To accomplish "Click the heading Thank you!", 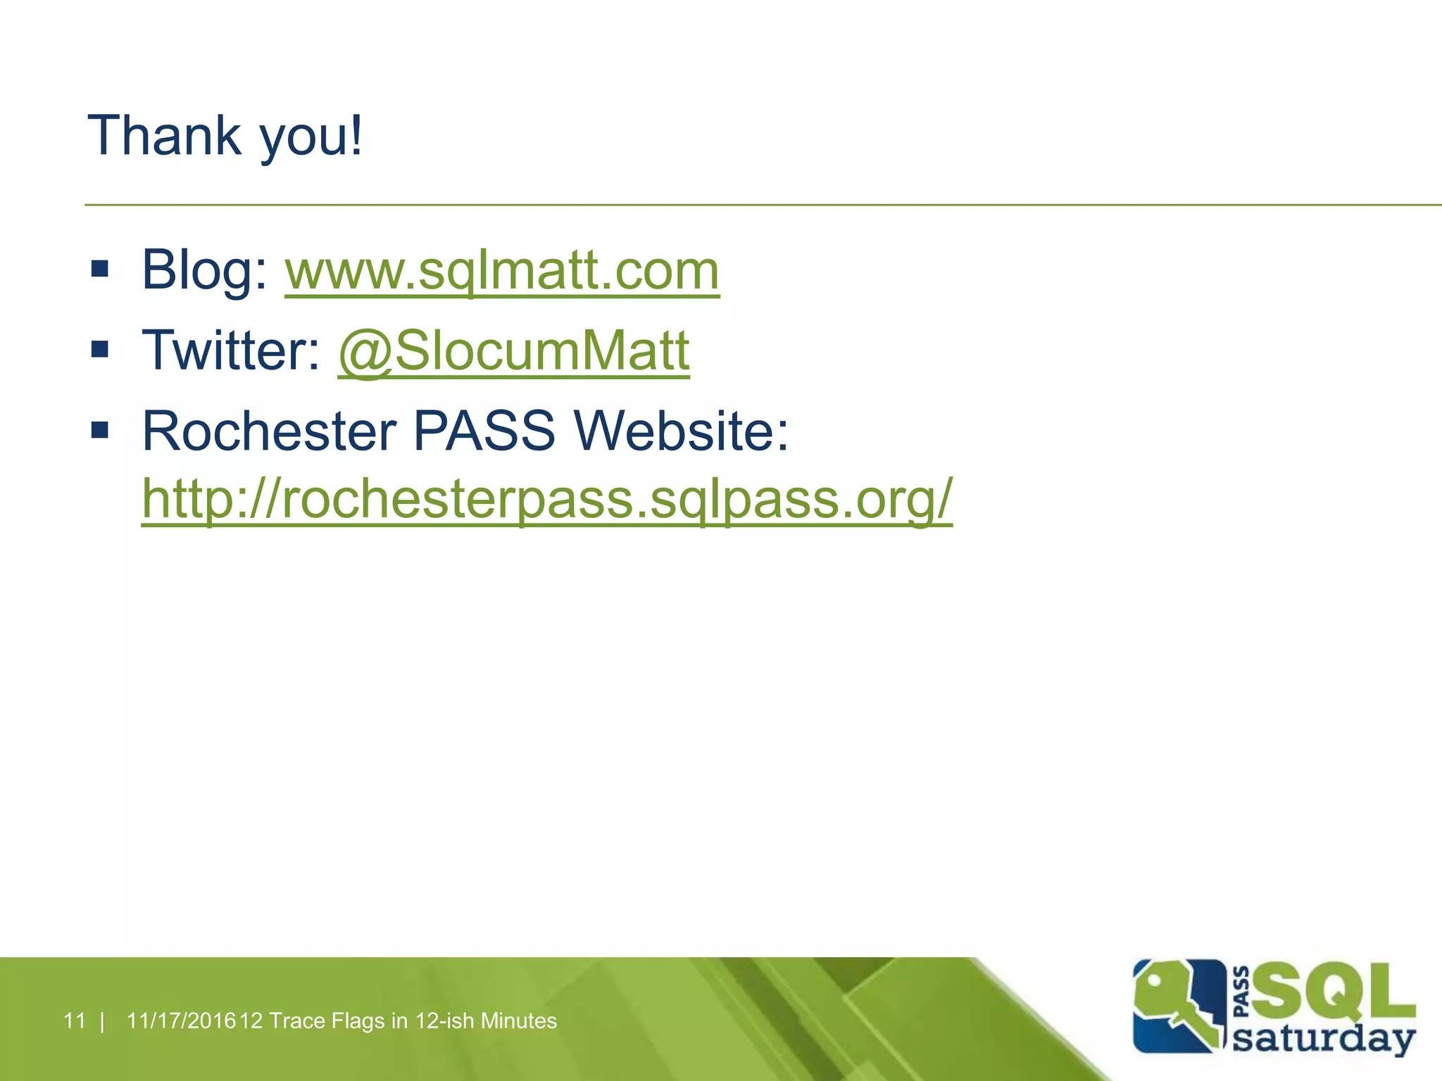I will [225, 136].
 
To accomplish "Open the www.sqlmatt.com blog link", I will [502, 271].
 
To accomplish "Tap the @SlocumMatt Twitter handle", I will [513, 350].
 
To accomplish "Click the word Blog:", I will [204, 271].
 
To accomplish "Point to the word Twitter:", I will [231, 350].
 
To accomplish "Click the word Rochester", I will [269, 431].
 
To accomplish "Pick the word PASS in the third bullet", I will [484, 431].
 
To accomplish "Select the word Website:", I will [682, 431].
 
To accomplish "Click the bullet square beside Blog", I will [100, 269].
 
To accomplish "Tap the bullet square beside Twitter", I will [100, 349].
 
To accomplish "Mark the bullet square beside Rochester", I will [100, 429].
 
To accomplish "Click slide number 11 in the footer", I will [74, 1020].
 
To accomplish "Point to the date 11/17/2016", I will [181, 1020].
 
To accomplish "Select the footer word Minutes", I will [518, 1020].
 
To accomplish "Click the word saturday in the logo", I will [1324, 1039].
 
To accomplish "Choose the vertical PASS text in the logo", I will [1243, 992].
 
